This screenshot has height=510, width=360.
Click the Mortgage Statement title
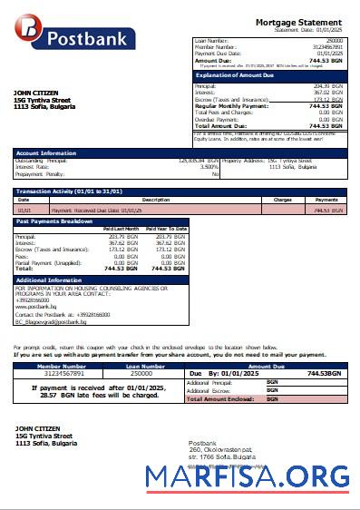(298, 22)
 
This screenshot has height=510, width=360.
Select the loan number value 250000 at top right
(334, 41)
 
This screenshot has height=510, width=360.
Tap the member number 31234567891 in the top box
(326, 46)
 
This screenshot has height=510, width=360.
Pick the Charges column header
(282, 199)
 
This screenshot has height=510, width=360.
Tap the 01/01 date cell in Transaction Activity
(24, 210)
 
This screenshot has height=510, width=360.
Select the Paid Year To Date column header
(167, 228)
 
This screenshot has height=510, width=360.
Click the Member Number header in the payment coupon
(61, 366)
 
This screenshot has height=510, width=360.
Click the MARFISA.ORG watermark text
(247, 476)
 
